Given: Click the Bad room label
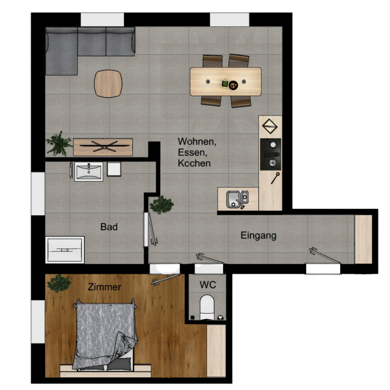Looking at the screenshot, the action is (x=109, y=227).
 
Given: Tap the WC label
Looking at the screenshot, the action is (x=208, y=285).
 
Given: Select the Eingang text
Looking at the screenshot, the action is (x=259, y=235).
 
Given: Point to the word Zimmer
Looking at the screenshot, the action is (x=104, y=287).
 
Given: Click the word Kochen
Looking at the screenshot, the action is (x=194, y=163).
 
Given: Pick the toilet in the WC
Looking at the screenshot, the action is (x=207, y=307).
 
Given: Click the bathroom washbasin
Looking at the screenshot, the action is (x=89, y=171).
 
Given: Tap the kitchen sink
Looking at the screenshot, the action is (x=237, y=199).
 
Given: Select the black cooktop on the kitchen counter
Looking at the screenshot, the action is (x=271, y=154).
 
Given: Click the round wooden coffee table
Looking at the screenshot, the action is (x=108, y=83).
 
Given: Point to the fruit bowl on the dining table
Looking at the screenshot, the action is (x=233, y=85).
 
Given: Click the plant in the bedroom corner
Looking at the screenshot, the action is (x=59, y=283).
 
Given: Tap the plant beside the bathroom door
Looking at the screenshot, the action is (x=161, y=205).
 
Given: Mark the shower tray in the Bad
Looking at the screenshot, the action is (x=65, y=250).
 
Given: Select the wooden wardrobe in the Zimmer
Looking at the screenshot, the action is (x=216, y=351).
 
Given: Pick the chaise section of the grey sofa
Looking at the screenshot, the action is (x=61, y=51).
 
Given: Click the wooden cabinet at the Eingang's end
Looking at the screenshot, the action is (x=363, y=239).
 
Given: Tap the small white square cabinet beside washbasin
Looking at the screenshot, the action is (x=114, y=169).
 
